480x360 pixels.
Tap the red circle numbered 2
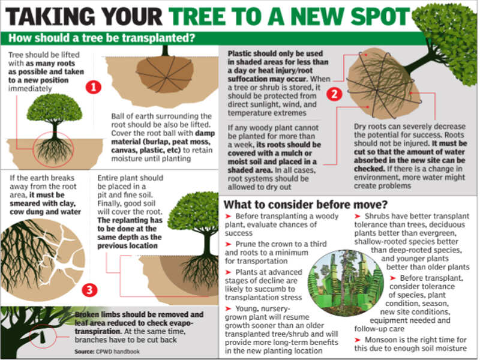point(334,94)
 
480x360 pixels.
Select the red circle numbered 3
point(89,290)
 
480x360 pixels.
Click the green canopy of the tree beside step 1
point(55,109)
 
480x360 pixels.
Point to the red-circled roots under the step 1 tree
point(55,148)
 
